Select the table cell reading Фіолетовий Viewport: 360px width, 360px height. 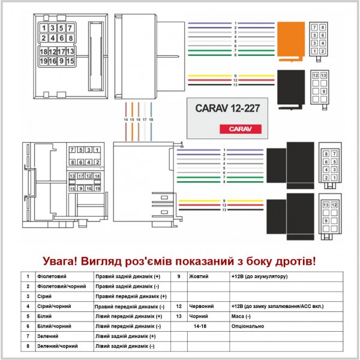click(x=52, y=277)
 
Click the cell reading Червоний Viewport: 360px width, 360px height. click(x=202, y=306)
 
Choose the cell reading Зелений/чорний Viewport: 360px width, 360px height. click(x=57, y=346)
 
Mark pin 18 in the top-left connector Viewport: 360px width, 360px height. click(x=44, y=52)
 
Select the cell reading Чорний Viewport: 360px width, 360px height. click(x=199, y=316)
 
